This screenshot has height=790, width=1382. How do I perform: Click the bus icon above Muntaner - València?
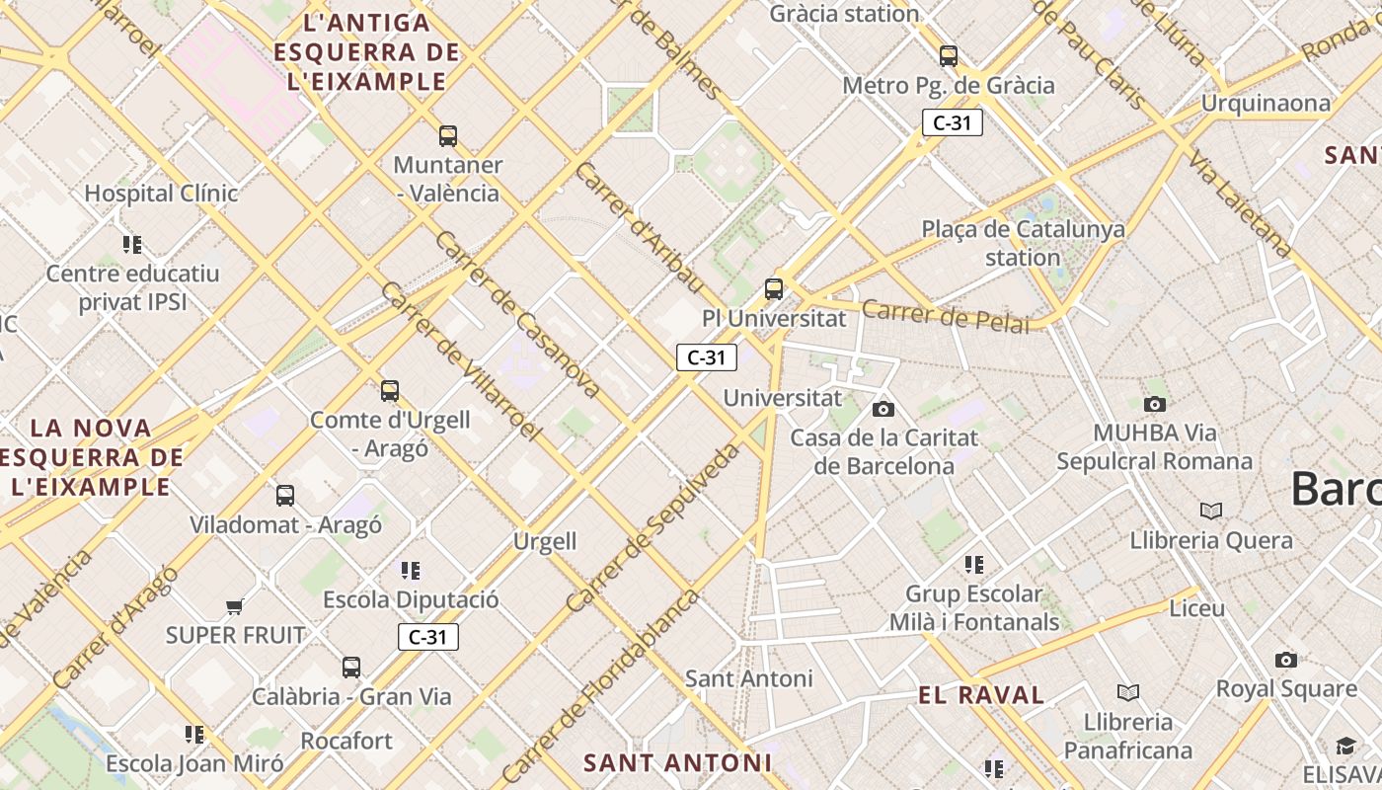tap(448, 136)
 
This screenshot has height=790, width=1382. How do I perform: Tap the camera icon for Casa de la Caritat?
tap(883, 409)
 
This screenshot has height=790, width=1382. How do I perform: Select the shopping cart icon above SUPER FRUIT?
tap(234, 606)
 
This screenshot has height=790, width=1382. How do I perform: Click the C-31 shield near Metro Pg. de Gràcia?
tap(952, 122)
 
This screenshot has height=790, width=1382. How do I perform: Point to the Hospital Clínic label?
tap(161, 194)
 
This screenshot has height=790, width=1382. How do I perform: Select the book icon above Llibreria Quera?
tap(1211, 511)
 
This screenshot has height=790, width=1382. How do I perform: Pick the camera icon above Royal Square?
tap(1285, 660)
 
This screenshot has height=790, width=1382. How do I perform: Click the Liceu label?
tap(1196, 608)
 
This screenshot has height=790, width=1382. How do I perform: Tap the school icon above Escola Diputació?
tap(411, 570)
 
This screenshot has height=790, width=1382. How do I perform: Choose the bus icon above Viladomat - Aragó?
tap(285, 496)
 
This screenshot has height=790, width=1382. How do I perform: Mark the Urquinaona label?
tap(1266, 104)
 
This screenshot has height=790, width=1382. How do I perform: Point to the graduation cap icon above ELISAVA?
tap(1346, 746)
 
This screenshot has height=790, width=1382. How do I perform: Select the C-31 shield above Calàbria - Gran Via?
tap(428, 637)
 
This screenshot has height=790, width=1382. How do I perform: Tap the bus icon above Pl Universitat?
tap(774, 289)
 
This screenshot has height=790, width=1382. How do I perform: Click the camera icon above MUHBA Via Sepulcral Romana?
tap(1154, 404)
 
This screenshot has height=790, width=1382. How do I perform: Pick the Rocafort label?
tap(345, 741)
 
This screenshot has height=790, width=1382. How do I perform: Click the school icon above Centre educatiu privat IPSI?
tap(132, 244)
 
